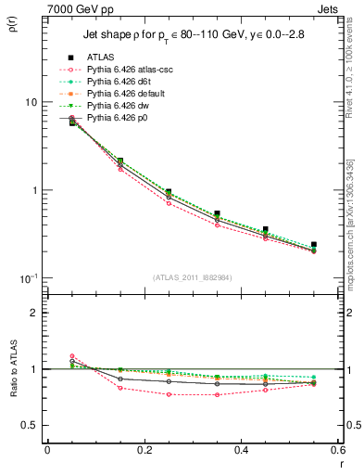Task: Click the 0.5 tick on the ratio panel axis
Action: [31, 425]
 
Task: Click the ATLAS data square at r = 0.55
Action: [314, 245]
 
